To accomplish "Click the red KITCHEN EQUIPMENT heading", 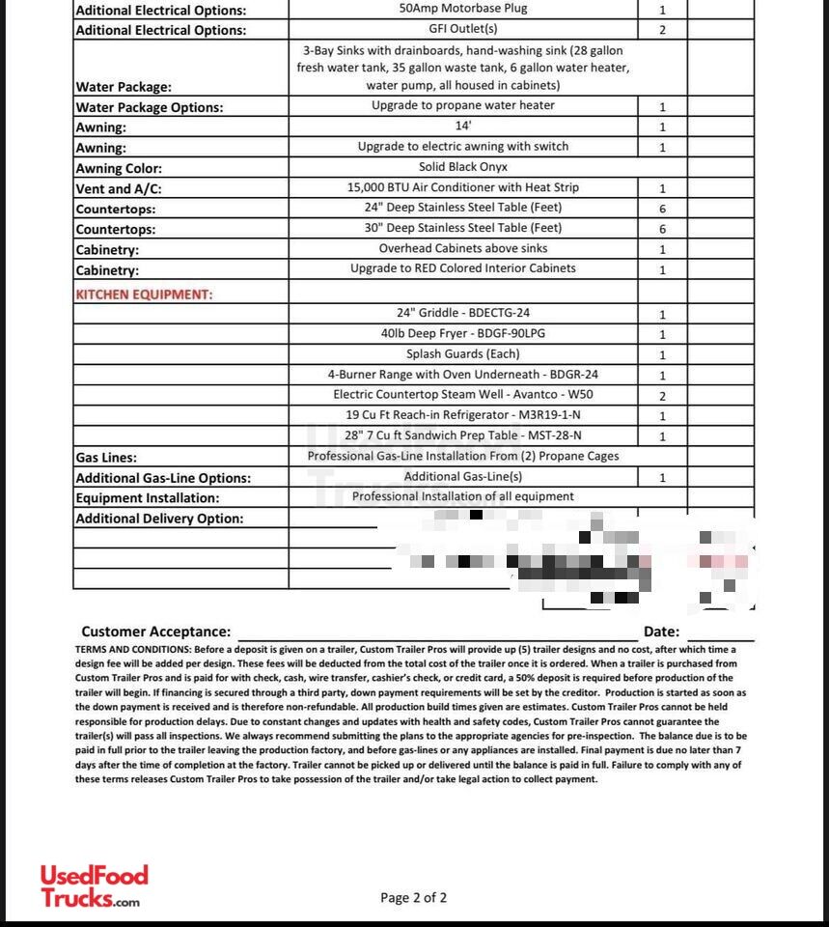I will pyautogui.click(x=144, y=294).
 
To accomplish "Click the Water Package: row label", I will pyautogui.click(x=124, y=87).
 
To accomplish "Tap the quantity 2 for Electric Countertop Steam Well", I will pyautogui.click(x=662, y=396).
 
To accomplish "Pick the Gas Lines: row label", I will pyautogui.click(x=106, y=458).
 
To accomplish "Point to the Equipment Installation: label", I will pyautogui.click(x=148, y=498).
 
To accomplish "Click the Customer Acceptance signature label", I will pyautogui.click(x=155, y=632).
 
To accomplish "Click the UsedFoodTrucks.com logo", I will pyautogui.click(x=94, y=885).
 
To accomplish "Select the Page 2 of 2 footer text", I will pyautogui.click(x=413, y=898).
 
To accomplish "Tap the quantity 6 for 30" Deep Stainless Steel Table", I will pyautogui.click(x=662, y=229).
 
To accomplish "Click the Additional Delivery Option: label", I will pyautogui.click(x=159, y=519).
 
